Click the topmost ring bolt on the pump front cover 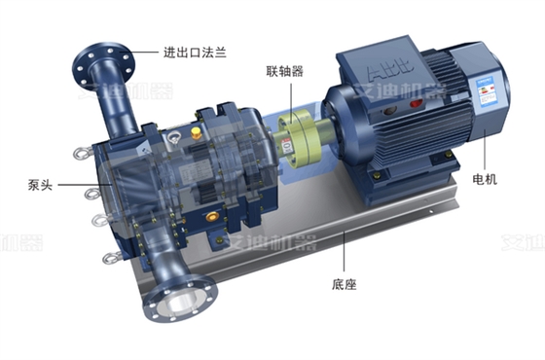76,153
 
